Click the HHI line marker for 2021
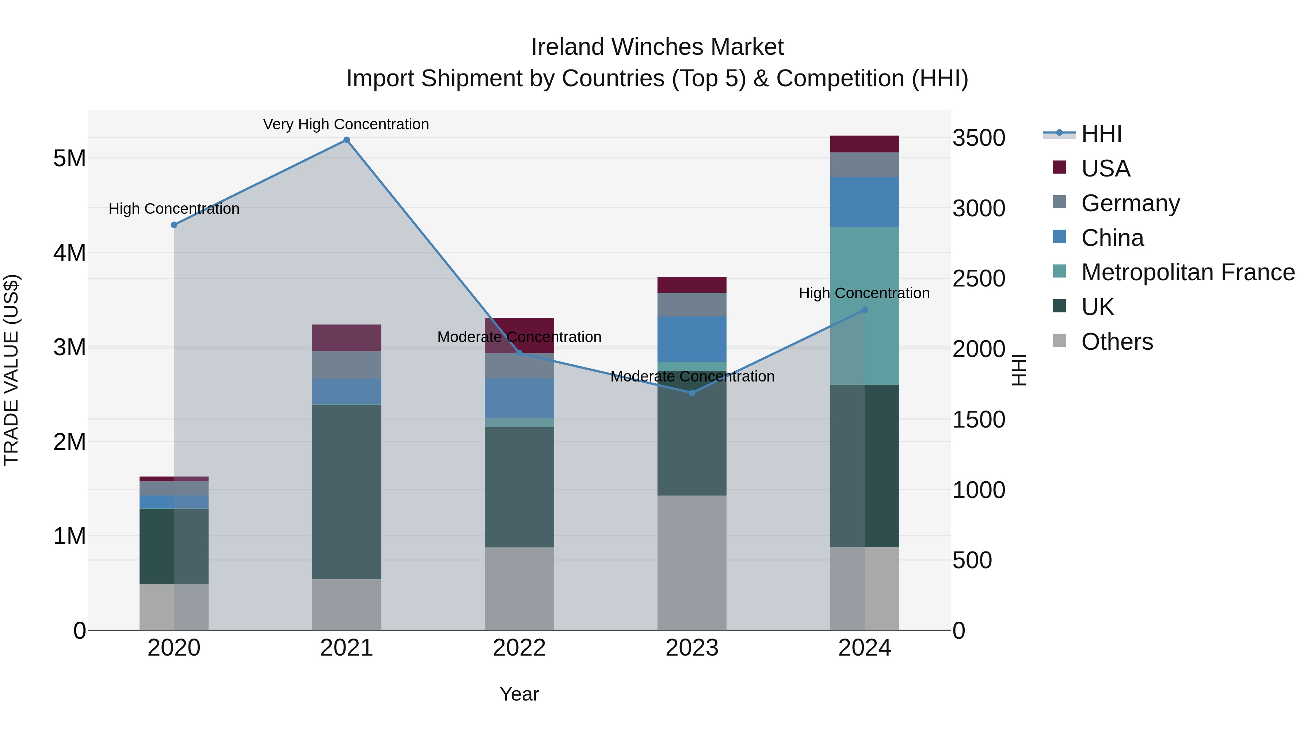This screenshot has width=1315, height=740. [x=347, y=140]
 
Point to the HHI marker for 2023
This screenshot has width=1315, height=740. [x=692, y=393]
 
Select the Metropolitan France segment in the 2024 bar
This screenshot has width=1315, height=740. [x=865, y=306]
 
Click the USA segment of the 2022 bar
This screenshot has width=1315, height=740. [x=519, y=335]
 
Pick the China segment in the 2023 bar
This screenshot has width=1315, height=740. [x=692, y=339]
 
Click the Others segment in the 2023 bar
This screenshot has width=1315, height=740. [x=692, y=562]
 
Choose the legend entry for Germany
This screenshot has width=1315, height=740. [x=1130, y=203]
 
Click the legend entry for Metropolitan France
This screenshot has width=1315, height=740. [x=1188, y=272]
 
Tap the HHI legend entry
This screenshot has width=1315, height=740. [x=1101, y=134]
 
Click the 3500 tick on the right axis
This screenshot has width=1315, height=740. [x=979, y=138]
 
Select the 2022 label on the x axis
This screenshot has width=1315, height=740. [x=519, y=648]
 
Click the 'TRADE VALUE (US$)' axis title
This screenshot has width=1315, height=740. [x=11, y=370]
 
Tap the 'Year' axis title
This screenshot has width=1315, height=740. [x=519, y=694]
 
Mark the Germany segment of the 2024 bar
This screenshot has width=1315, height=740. [x=865, y=164]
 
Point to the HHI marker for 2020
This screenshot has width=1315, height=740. [x=174, y=225]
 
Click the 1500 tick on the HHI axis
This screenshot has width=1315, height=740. [x=979, y=420]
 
